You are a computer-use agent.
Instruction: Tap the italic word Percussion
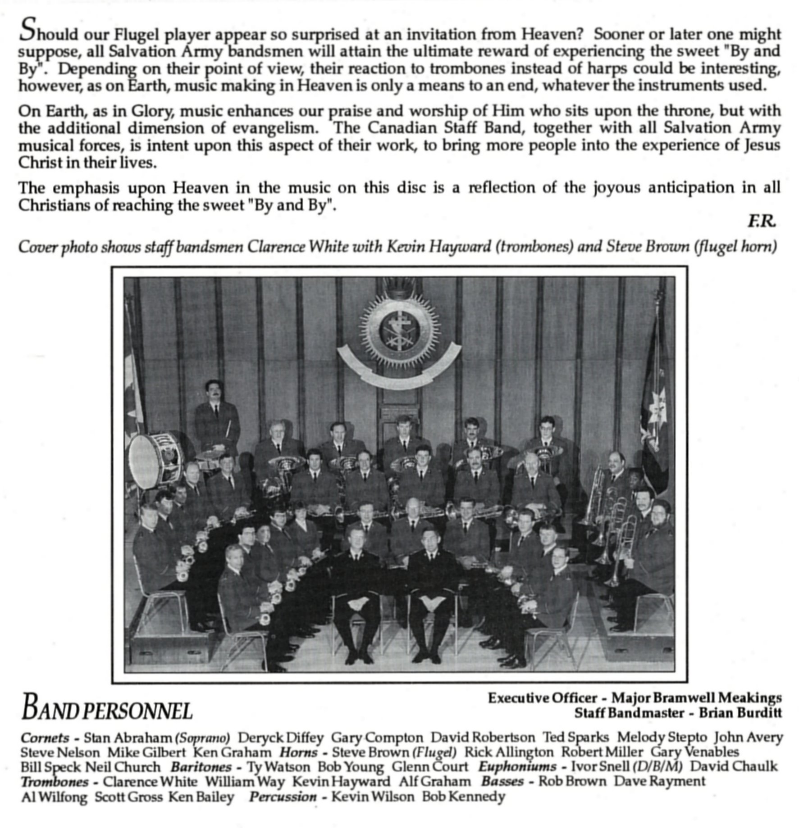(x=283, y=796)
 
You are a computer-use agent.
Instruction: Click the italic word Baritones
(x=201, y=767)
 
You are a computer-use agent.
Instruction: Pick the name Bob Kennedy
(x=463, y=796)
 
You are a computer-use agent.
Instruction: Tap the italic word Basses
(x=502, y=781)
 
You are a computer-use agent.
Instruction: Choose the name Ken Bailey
(x=201, y=796)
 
